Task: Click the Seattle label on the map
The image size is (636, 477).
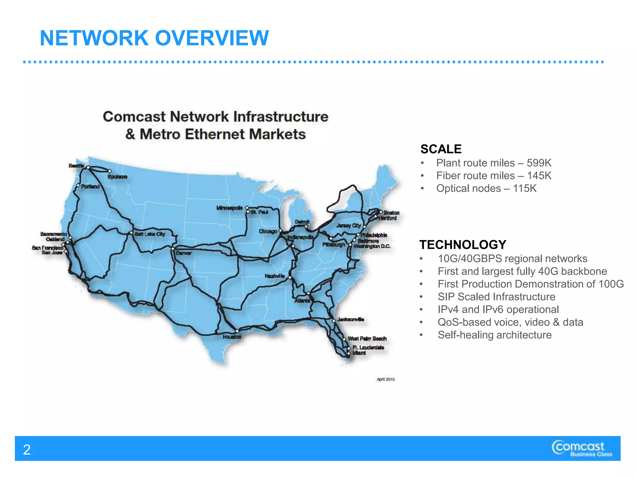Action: click(76, 166)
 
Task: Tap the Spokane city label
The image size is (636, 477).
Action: click(117, 177)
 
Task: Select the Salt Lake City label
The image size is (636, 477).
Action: click(150, 234)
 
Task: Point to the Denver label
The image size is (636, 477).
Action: click(184, 253)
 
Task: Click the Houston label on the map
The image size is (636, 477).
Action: click(232, 337)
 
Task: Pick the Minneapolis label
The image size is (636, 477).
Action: click(229, 208)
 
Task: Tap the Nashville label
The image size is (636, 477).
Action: click(275, 276)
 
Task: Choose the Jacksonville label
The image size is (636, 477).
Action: click(351, 319)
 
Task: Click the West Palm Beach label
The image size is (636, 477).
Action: click(367, 338)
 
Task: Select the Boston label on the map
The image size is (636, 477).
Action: click(391, 213)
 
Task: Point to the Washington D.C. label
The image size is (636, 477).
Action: click(372, 246)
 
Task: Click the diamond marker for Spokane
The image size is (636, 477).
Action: click(110, 171)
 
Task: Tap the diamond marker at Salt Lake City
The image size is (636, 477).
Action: click(131, 233)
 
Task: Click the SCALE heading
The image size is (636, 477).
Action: click(441, 149)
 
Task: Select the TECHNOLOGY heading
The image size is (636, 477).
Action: click(463, 245)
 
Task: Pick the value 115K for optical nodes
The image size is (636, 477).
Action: click(525, 188)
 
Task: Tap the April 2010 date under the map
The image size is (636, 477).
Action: click(386, 379)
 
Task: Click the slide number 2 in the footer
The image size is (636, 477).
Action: click(27, 450)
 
